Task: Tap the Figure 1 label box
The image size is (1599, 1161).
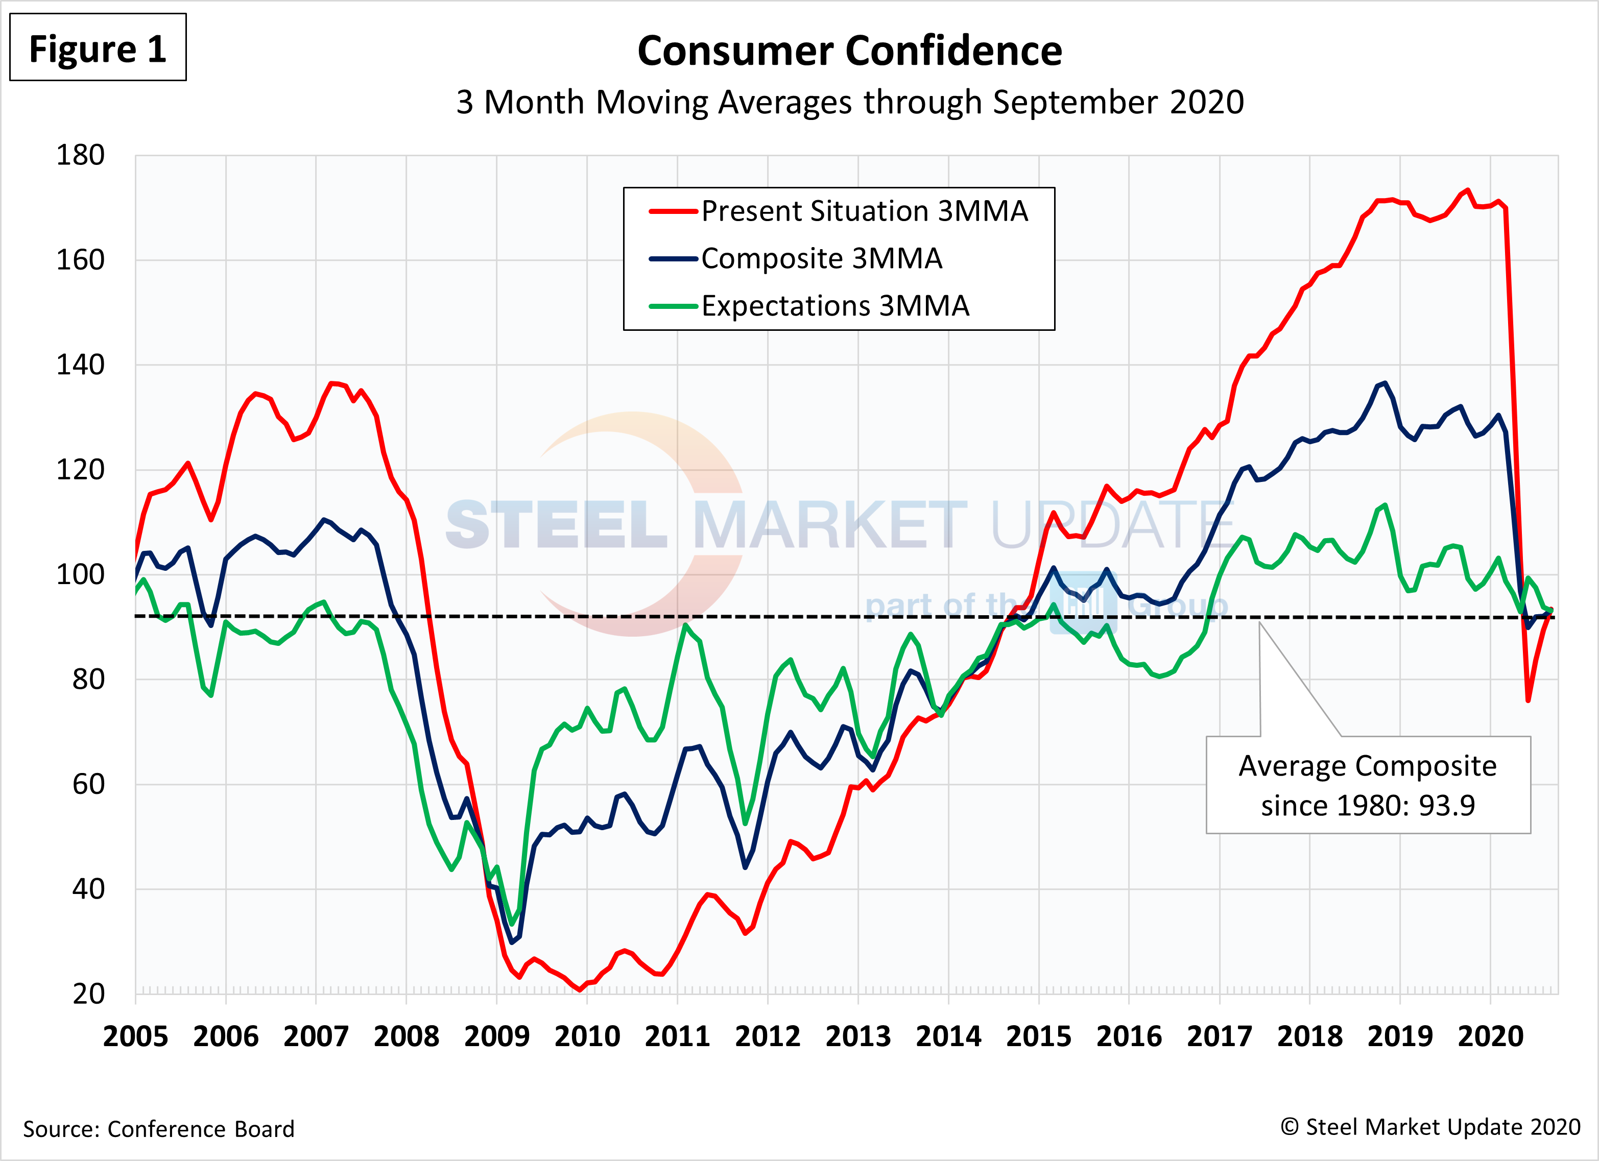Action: pyautogui.click(x=98, y=48)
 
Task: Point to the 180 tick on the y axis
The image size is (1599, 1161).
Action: pyautogui.click(x=80, y=155)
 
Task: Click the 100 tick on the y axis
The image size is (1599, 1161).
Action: pyautogui.click(x=80, y=574)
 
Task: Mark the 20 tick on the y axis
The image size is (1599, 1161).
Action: pyautogui.click(x=88, y=994)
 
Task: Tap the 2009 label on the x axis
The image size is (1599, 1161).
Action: pyautogui.click(x=496, y=1036)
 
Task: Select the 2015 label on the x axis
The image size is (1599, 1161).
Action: pyautogui.click(x=1038, y=1036)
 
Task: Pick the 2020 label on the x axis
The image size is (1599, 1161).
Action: pyautogui.click(x=1490, y=1036)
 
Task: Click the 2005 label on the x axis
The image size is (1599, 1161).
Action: pyautogui.click(x=135, y=1036)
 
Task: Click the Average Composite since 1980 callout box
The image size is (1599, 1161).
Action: pyautogui.click(x=1368, y=785)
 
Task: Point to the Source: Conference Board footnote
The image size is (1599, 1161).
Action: pyautogui.click(x=159, y=1128)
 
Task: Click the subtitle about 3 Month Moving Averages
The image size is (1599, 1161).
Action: pyautogui.click(x=850, y=102)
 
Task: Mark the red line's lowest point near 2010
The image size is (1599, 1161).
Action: pyautogui.click(x=580, y=989)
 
